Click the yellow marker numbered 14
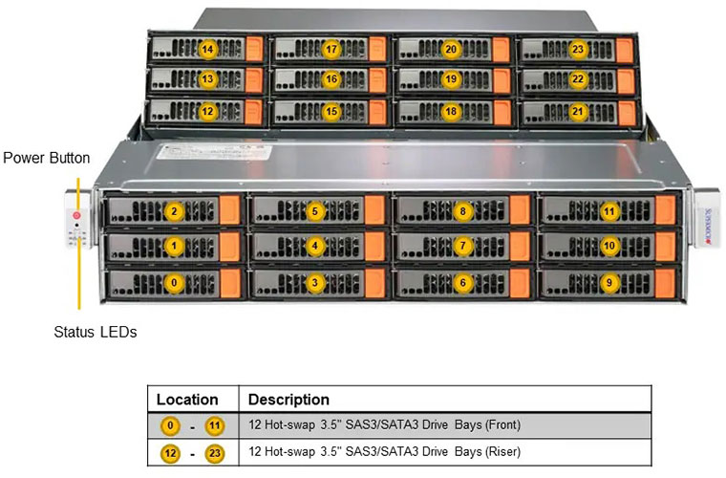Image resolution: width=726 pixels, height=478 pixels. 207,49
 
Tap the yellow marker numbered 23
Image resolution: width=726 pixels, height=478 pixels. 577,49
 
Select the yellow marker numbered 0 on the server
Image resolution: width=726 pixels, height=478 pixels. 173,282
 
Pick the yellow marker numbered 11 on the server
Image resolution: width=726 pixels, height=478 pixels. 609,210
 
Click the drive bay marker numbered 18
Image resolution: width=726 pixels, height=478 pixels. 451,111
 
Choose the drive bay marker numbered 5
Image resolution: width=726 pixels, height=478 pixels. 316,210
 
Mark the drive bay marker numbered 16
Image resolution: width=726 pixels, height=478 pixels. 331,80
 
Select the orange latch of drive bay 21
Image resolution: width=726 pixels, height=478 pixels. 627,112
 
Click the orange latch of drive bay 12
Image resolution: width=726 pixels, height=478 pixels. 254,112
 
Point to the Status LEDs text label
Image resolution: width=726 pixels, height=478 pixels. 96,333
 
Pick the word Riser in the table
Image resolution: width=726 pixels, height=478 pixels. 502,451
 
